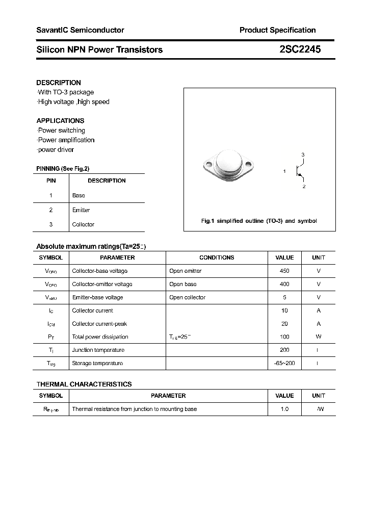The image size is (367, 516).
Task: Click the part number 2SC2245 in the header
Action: [x=300, y=49]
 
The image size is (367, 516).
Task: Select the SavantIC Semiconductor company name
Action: [x=80, y=30]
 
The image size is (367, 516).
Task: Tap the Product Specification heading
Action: [x=277, y=30]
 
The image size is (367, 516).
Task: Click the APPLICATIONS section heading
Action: [x=60, y=121]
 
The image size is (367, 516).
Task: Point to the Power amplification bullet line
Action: [x=66, y=140]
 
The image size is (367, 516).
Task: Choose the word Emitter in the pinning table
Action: [x=81, y=210]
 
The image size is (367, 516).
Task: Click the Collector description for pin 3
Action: [x=83, y=224]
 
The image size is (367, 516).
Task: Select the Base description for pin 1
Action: [x=78, y=195]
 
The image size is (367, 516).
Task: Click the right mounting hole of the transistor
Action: [x=249, y=165]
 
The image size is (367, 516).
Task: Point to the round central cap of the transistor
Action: [x=228, y=162]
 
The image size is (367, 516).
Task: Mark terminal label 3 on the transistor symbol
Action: [x=303, y=154]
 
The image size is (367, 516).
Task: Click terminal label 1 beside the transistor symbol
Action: [x=284, y=172]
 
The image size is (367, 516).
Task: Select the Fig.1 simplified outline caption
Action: [x=259, y=221]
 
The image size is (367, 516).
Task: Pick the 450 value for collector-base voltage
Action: [x=284, y=271]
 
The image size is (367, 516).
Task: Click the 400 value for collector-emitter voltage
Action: [x=284, y=284]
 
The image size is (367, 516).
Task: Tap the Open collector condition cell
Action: [x=187, y=297]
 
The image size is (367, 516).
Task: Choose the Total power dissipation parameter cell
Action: [x=100, y=337]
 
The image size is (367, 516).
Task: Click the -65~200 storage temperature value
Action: [x=284, y=363]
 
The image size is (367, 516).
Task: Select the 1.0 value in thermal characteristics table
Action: [x=284, y=409]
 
